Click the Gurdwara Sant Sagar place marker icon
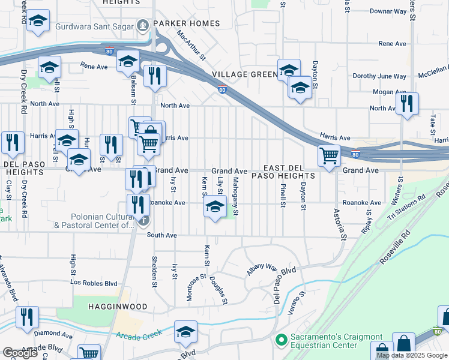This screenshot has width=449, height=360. (142, 26)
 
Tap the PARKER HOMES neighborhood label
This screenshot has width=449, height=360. (186, 24)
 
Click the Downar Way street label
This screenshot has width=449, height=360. (388, 11)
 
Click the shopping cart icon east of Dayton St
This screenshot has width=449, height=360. (329, 155)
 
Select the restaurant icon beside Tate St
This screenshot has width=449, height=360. (407, 103)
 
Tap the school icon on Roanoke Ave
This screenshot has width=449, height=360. (215, 208)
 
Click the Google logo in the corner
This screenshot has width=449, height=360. (20, 353)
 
